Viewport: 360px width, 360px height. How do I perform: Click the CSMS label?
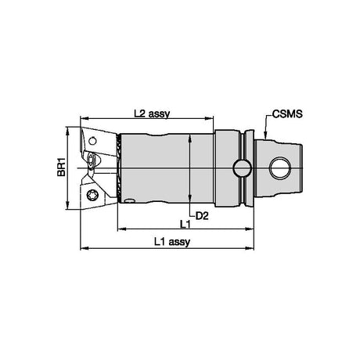(x=287, y=113)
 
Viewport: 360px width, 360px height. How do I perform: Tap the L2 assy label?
(x=152, y=113)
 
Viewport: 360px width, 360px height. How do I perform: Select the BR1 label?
(x=61, y=169)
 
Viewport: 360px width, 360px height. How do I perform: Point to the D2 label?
(x=202, y=216)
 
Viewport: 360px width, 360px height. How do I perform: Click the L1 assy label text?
(x=172, y=242)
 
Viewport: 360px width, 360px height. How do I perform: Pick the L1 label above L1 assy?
(x=185, y=224)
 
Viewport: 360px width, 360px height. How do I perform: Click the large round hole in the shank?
(x=280, y=167)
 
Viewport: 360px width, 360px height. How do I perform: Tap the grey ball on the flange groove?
(x=243, y=168)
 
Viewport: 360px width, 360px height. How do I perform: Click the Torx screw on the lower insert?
(x=92, y=195)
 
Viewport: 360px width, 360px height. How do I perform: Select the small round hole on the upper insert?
(x=92, y=141)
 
